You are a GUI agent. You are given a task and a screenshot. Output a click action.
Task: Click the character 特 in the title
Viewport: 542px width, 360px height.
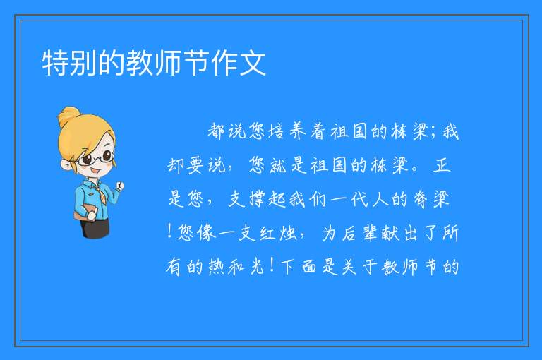click(x=55, y=63)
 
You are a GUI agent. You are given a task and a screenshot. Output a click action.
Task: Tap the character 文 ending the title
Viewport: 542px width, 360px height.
click(x=253, y=63)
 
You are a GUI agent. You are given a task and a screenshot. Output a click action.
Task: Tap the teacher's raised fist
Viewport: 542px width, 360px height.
click(x=120, y=186)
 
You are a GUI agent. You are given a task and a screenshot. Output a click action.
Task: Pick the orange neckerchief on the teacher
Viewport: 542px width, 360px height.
click(x=100, y=193)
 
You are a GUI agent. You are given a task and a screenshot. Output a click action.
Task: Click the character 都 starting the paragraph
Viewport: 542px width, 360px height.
click(x=217, y=131)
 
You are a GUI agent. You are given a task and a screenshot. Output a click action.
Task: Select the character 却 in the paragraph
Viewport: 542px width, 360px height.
click(x=176, y=165)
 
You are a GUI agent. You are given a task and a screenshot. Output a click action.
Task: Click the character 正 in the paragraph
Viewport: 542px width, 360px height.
click(x=442, y=165)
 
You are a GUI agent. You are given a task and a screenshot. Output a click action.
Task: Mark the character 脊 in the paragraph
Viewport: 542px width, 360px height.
click(x=421, y=199)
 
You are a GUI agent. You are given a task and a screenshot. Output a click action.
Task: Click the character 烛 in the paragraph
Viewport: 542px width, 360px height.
click(x=289, y=233)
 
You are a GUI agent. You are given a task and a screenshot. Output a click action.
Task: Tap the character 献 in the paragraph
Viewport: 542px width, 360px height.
click(x=390, y=233)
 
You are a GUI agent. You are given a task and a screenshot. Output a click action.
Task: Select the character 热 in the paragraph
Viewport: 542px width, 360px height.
click(x=217, y=267)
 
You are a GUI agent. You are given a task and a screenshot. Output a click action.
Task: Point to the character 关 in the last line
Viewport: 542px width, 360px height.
click(x=350, y=267)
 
